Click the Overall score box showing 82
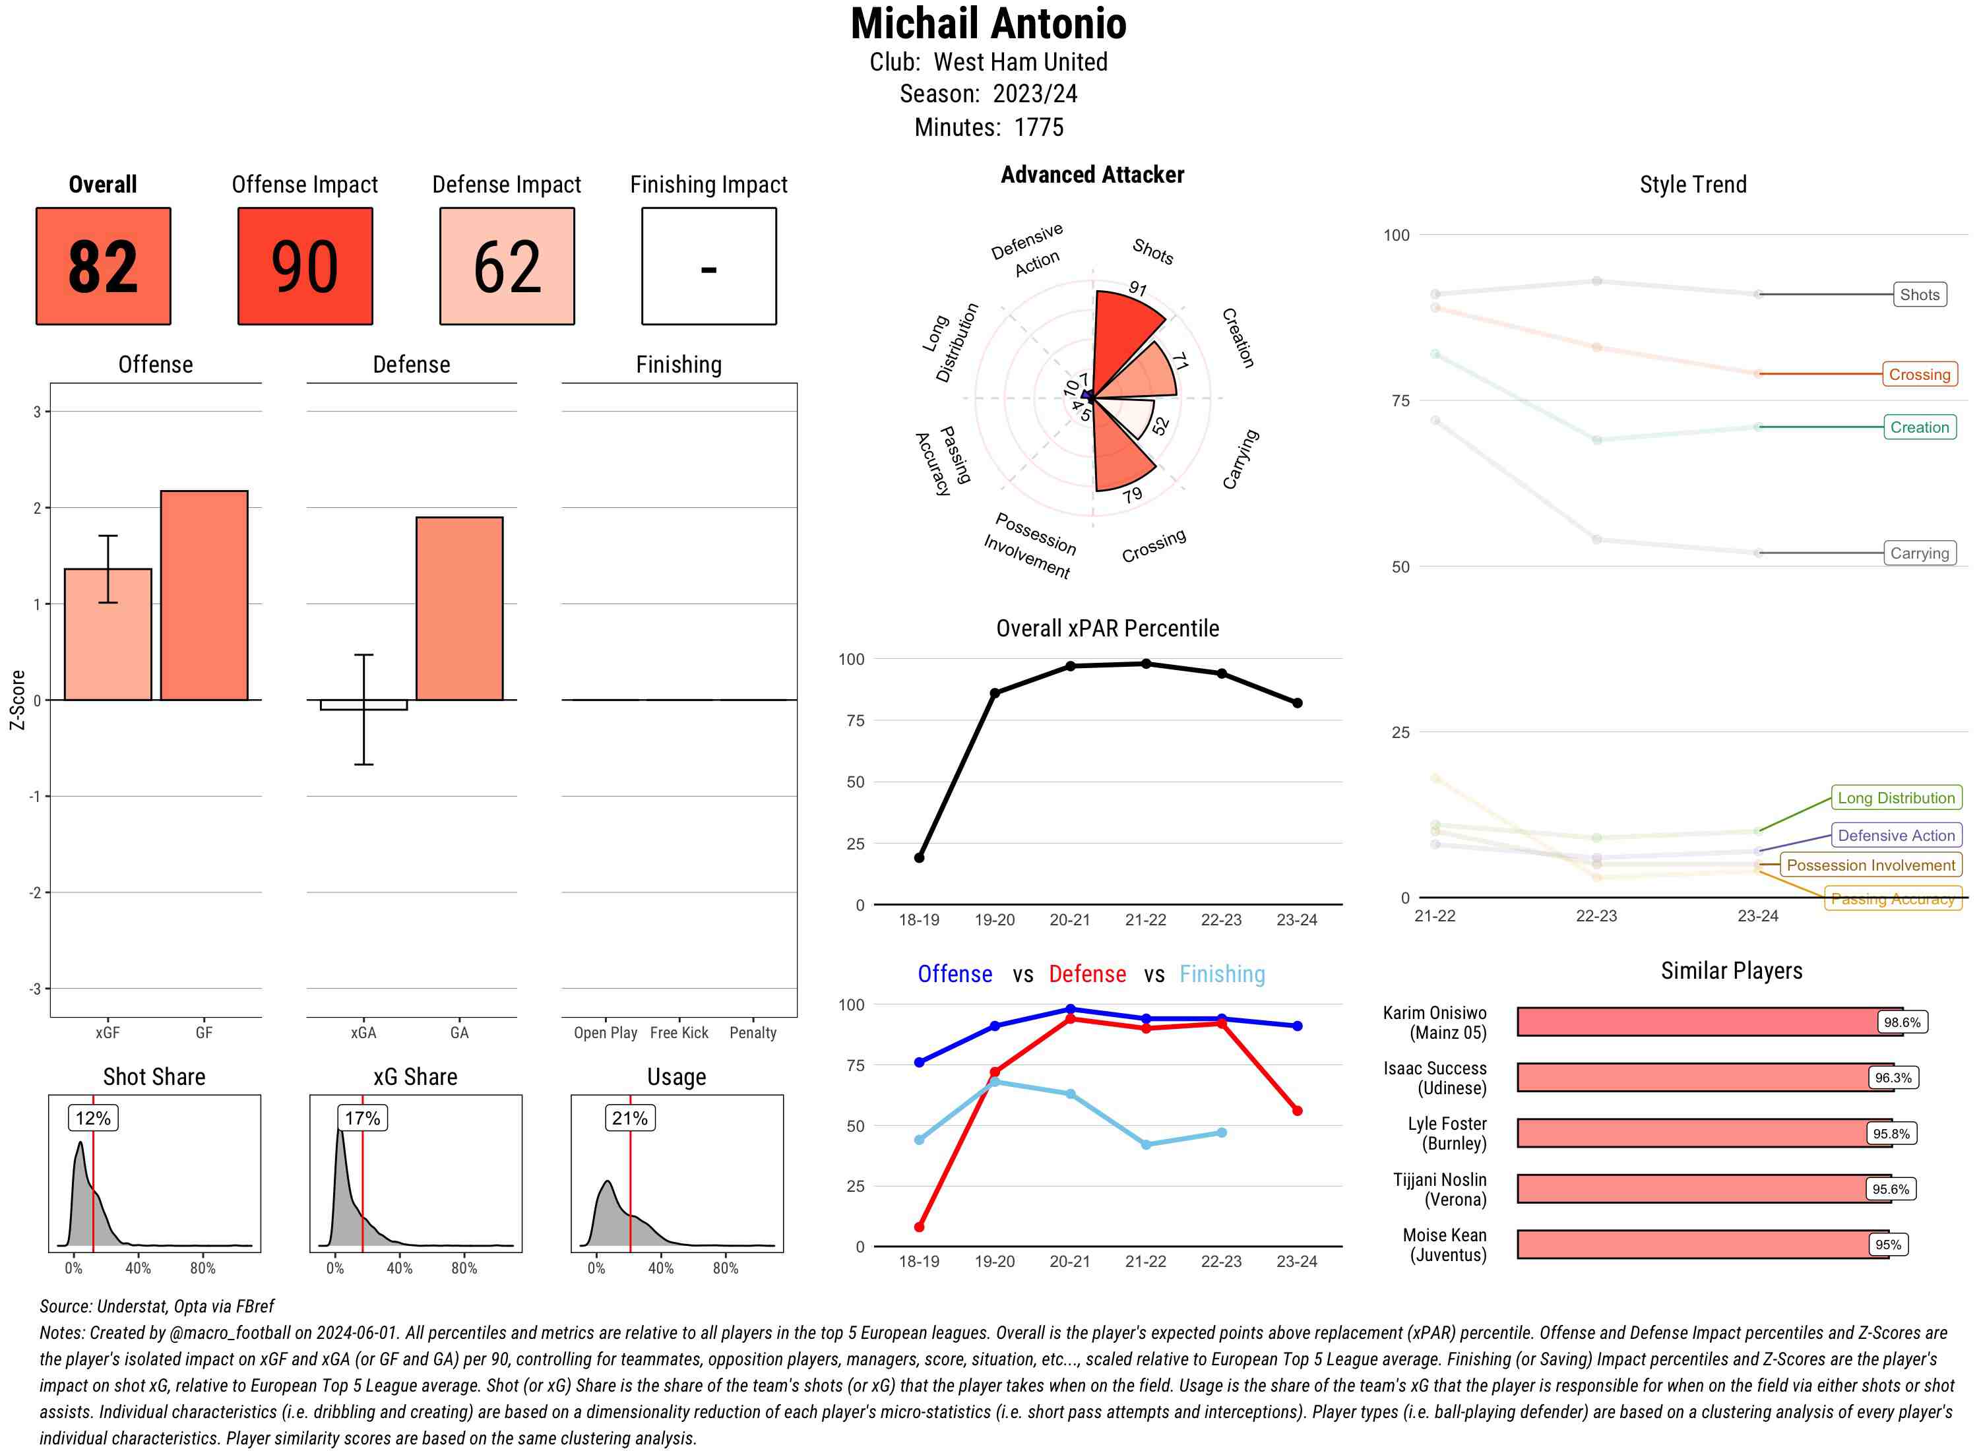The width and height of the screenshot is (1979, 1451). pos(103,266)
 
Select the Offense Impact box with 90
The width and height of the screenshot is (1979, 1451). pos(305,266)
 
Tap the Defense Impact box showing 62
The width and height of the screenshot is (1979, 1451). pos(507,266)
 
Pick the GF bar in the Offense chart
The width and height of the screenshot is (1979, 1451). pos(204,595)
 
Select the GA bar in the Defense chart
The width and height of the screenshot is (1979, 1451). pos(459,608)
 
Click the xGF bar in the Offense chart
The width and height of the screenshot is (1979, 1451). pos(108,634)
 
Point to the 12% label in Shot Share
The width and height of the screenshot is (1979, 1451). pos(93,1118)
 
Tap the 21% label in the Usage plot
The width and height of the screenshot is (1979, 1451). pos(630,1118)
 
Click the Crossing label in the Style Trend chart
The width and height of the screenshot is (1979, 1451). pos(1918,374)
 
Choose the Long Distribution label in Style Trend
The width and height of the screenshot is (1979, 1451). pos(1896,797)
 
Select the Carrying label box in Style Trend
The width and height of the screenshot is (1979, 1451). pos(1918,553)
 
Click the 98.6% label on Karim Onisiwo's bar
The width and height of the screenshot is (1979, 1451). pos(1902,1022)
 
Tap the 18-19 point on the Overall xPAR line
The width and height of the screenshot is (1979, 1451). pos(919,857)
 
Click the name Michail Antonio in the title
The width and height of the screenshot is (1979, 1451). pos(988,24)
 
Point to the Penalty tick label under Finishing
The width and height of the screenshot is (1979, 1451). pos(753,1033)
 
